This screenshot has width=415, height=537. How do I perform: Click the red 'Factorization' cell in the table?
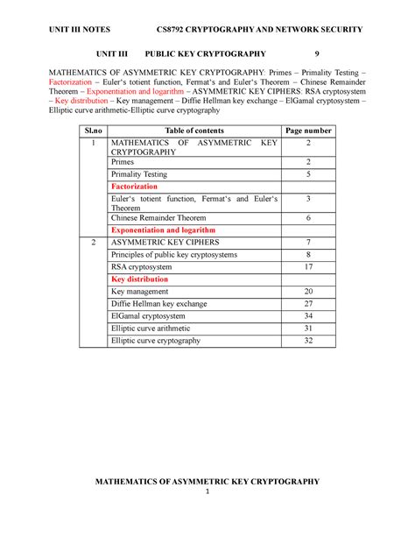134,187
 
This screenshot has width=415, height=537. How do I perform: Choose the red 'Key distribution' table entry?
139,279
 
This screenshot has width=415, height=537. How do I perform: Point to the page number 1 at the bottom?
207,491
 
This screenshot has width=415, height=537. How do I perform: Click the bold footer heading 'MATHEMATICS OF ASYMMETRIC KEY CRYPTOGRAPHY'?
207,480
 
